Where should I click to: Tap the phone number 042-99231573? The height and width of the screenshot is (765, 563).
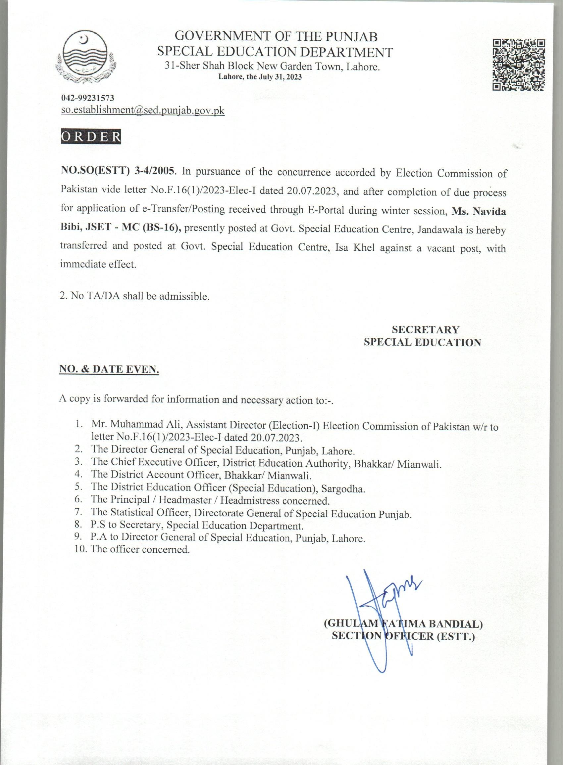[x=87, y=98]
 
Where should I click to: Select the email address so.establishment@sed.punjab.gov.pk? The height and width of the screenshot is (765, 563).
[x=142, y=110]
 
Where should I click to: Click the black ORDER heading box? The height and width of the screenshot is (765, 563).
[x=91, y=136]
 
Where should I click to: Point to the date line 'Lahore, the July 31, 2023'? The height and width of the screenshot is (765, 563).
[x=260, y=77]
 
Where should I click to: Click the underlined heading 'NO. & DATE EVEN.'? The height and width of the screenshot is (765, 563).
[x=109, y=370]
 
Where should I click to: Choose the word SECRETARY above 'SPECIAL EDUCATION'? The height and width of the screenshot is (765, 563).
[x=425, y=330]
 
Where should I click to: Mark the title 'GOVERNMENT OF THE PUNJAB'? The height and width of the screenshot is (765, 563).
[x=276, y=36]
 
